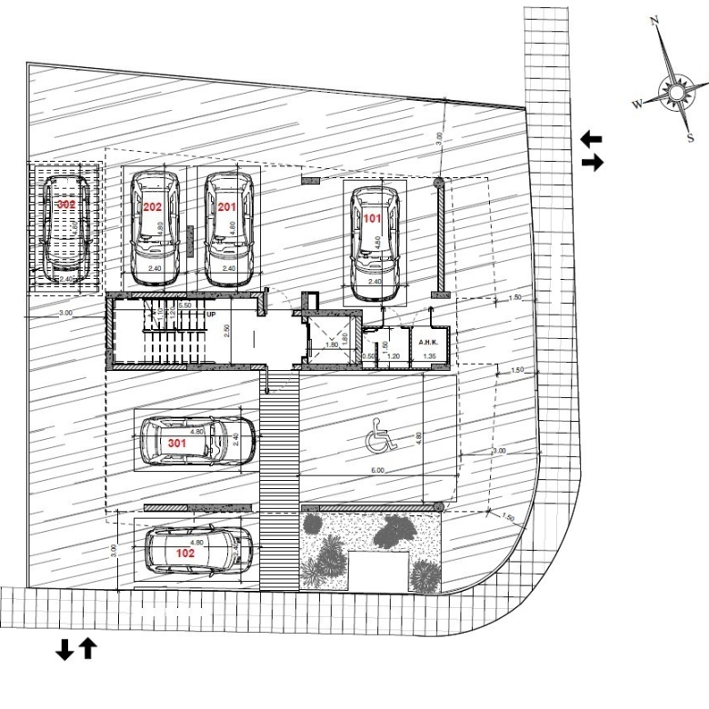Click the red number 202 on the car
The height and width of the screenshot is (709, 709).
(152, 207)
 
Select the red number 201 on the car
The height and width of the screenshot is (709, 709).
(226, 207)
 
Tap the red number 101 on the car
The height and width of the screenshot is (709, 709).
(373, 219)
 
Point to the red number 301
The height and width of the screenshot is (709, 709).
(177, 443)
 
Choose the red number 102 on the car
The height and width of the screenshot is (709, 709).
(185, 553)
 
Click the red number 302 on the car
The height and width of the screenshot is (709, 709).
(65, 205)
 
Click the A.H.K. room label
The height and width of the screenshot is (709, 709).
(429, 342)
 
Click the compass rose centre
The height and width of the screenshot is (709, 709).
(676, 92)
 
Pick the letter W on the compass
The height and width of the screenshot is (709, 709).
(637, 105)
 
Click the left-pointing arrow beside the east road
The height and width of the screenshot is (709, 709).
(592, 139)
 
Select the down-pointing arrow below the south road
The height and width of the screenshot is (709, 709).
(65, 649)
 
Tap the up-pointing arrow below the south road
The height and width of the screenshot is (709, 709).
(87, 649)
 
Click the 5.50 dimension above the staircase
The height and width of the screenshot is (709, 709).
(185, 305)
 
